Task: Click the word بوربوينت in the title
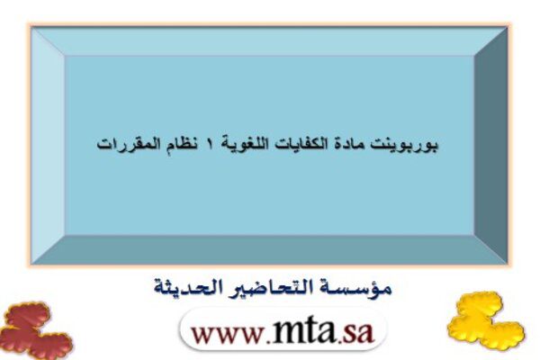pyautogui.click(x=403, y=145)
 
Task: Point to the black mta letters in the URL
pyautogui.click(x=303, y=329)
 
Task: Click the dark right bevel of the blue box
pyautogui.click(x=491, y=145)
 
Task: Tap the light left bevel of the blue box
pyautogui.click(x=48, y=145)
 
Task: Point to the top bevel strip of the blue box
pyautogui.click(x=269, y=41)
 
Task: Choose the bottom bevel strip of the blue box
pyautogui.click(x=269, y=250)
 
